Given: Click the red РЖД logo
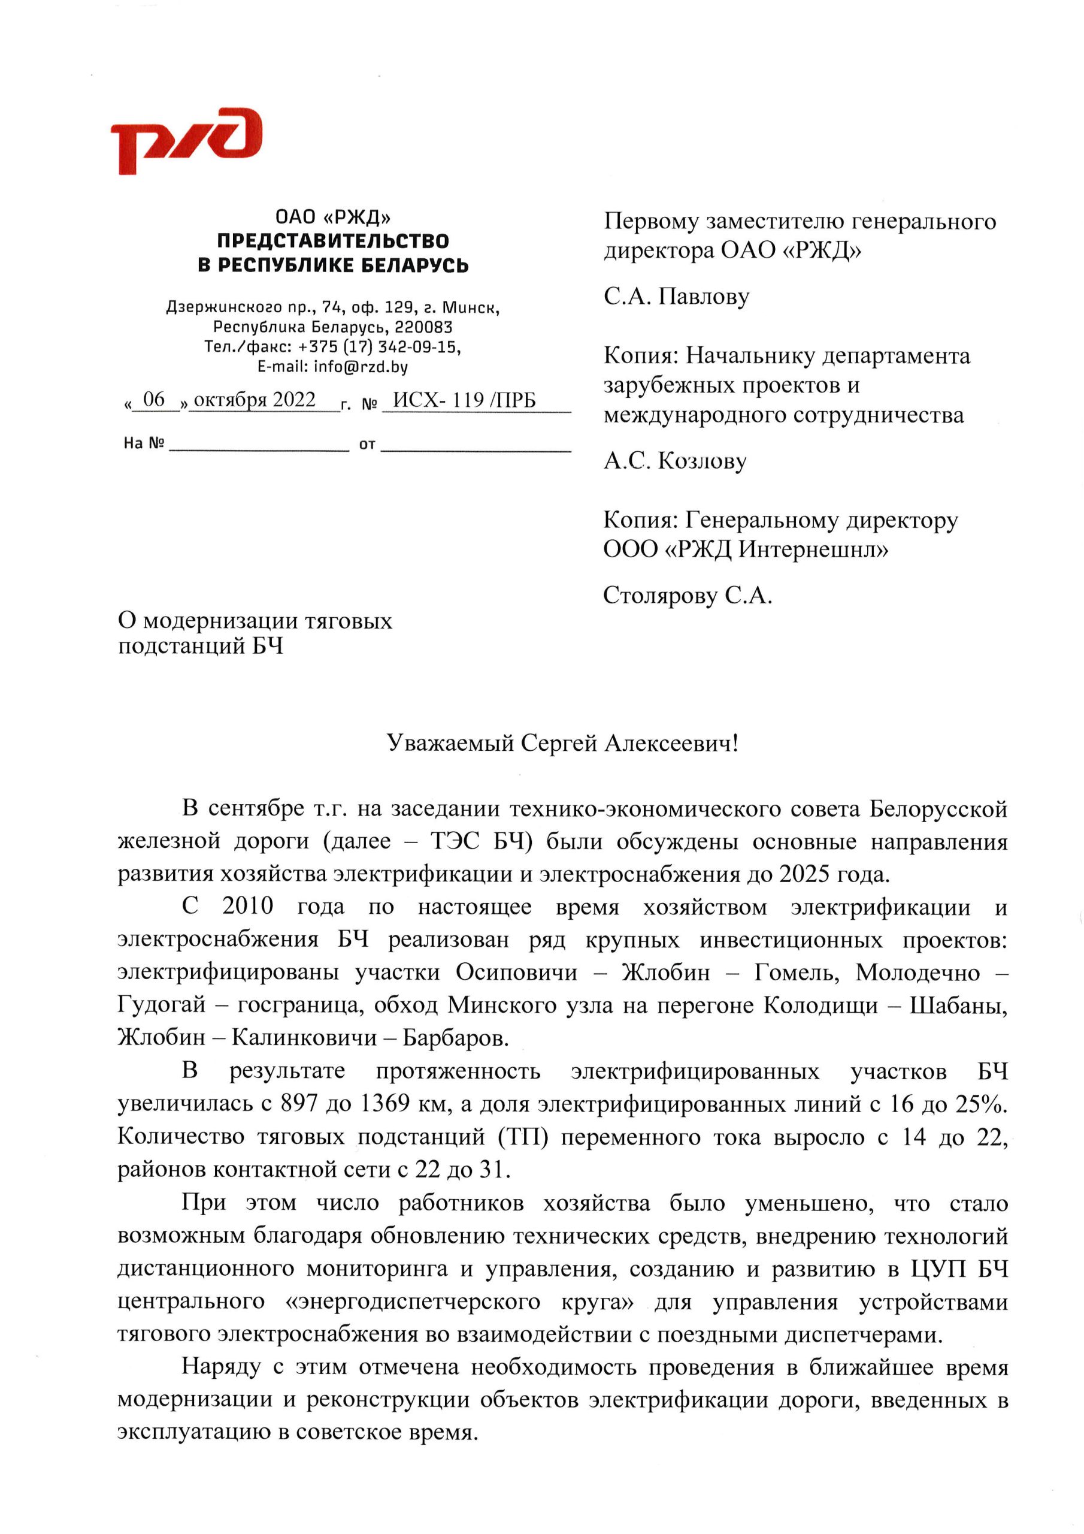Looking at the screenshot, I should [x=186, y=140].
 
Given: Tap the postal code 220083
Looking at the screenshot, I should [x=423, y=327].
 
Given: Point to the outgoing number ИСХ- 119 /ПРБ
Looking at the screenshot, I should [x=464, y=400].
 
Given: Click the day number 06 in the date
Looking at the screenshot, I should [x=154, y=400].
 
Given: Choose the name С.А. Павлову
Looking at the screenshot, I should [x=677, y=296].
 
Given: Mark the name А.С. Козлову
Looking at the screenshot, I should [x=674, y=460].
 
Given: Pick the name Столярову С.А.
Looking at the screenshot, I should [x=688, y=594].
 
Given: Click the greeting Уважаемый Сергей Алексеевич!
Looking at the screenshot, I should [x=562, y=743].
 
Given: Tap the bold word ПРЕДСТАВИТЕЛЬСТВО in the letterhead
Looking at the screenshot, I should [x=332, y=240].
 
